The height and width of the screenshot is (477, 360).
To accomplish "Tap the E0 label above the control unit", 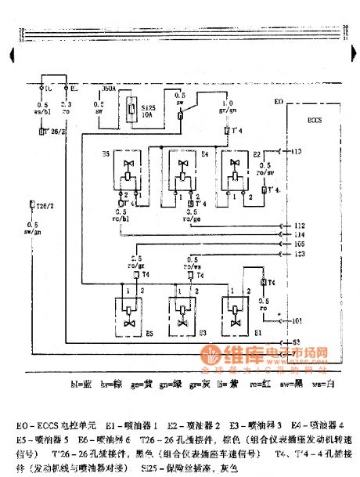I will tap(279, 103).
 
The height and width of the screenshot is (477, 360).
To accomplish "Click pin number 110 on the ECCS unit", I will tap(296, 150).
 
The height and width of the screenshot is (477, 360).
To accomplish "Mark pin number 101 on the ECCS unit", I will tap(297, 320).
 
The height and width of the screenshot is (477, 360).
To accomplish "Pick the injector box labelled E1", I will tap(236, 312).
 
